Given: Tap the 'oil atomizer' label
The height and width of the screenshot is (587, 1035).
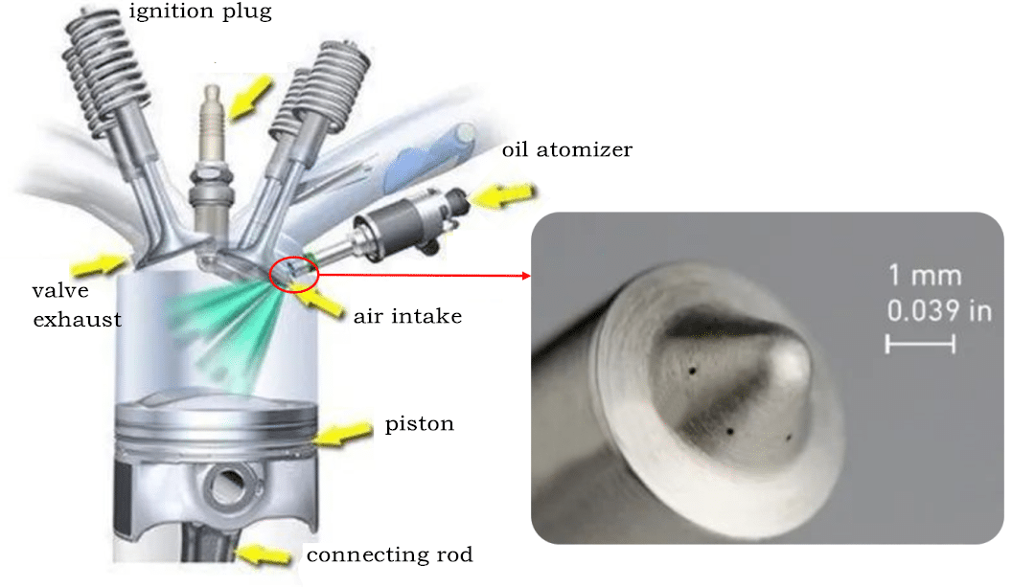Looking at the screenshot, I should pos(566,150).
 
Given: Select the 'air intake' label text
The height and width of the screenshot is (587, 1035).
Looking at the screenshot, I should pos(408,315).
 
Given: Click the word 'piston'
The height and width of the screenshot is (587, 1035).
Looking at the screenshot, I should pos(419,423).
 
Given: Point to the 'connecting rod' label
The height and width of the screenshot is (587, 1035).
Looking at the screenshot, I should pos(389,554).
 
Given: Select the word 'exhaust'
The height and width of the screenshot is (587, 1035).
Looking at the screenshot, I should pos(78,320).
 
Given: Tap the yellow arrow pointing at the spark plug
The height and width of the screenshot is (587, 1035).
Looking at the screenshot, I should pos(252,94).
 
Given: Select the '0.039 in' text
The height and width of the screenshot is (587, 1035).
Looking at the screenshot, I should pos(938,310).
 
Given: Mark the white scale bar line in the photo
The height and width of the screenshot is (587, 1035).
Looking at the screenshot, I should pos(920,344).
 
